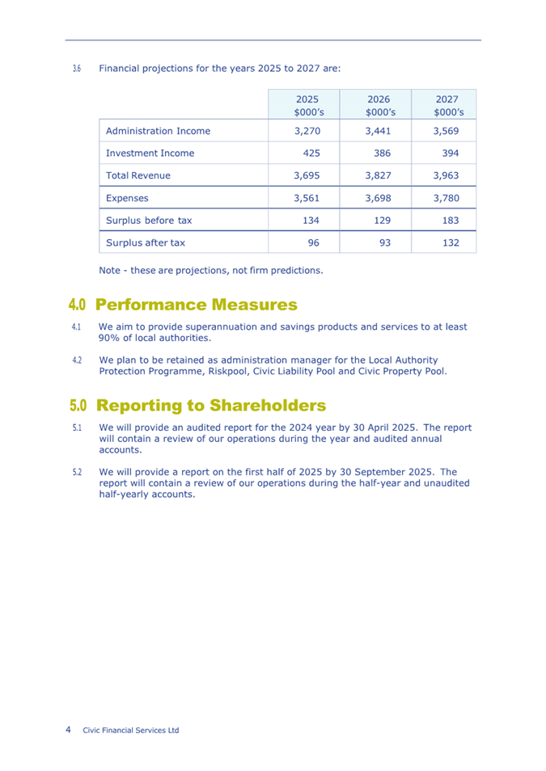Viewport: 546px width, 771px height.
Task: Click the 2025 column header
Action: (305, 104)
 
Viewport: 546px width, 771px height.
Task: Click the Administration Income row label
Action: (158, 131)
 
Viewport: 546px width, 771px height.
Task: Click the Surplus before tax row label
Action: (149, 220)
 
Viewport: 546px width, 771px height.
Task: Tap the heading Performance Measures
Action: (197, 305)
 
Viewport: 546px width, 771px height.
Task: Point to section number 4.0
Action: (78, 305)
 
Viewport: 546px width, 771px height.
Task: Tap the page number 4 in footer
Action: (68, 730)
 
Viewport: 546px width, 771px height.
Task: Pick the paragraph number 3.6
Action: (76, 69)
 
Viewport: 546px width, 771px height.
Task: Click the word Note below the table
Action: (109, 270)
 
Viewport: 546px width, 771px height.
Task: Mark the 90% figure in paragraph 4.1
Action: (110, 339)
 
